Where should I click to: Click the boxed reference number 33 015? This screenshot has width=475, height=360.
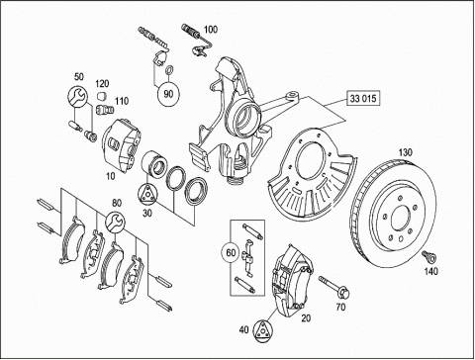point(363,98)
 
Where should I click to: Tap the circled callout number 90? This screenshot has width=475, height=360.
point(168,94)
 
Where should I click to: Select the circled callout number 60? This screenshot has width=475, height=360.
point(232,252)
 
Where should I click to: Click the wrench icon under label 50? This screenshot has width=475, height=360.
point(78,97)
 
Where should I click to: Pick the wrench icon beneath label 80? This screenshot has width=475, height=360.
point(115,222)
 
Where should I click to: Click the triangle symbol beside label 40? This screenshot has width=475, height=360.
point(263,329)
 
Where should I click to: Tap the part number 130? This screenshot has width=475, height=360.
point(406,152)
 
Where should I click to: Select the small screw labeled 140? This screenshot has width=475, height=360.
point(428,256)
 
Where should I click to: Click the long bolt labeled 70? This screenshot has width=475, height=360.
point(333,286)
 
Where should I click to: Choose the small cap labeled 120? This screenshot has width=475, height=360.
point(102,96)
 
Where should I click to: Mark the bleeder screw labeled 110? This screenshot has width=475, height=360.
point(105,109)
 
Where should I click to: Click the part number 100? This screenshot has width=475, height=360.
point(211,30)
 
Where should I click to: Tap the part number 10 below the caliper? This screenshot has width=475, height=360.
point(111,176)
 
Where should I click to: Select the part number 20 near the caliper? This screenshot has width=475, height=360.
point(306,318)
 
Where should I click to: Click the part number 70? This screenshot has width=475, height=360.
point(340,308)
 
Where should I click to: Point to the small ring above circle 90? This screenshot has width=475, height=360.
point(168,70)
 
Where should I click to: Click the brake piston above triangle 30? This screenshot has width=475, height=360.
point(153,163)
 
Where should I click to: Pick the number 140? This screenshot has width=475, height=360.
point(430,271)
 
